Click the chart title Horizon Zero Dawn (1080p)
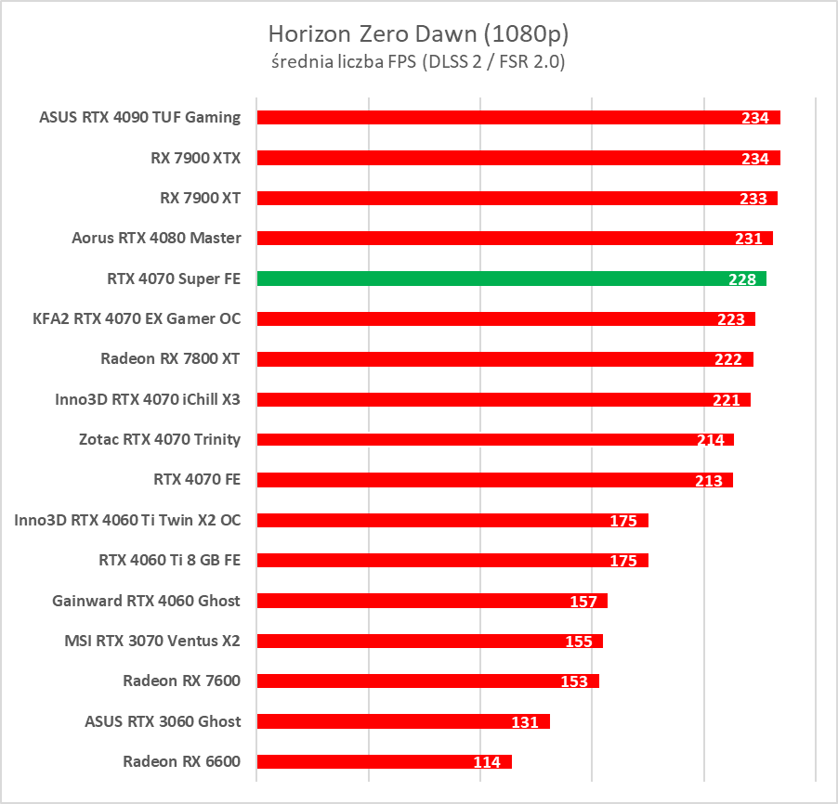click(418, 34)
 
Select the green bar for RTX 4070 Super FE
click(511, 279)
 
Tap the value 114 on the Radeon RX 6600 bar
click(486, 762)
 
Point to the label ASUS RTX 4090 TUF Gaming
click(140, 117)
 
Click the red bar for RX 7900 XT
click(517, 198)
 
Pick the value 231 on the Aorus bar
click(748, 239)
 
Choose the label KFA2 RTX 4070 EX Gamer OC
click(137, 318)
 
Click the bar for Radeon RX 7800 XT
click(504, 359)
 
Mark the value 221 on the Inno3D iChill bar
click(726, 400)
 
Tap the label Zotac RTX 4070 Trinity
click(160, 439)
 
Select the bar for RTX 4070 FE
click(494, 480)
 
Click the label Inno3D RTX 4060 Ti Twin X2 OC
click(128, 520)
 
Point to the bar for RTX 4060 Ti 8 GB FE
click(452, 560)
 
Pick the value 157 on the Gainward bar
click(583, 602)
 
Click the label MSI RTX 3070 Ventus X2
click(152, 641)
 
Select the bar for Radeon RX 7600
click(427, 681)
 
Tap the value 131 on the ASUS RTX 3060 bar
click(525, 721)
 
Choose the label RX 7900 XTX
click(196, 158)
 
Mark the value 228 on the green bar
click(742, 279)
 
